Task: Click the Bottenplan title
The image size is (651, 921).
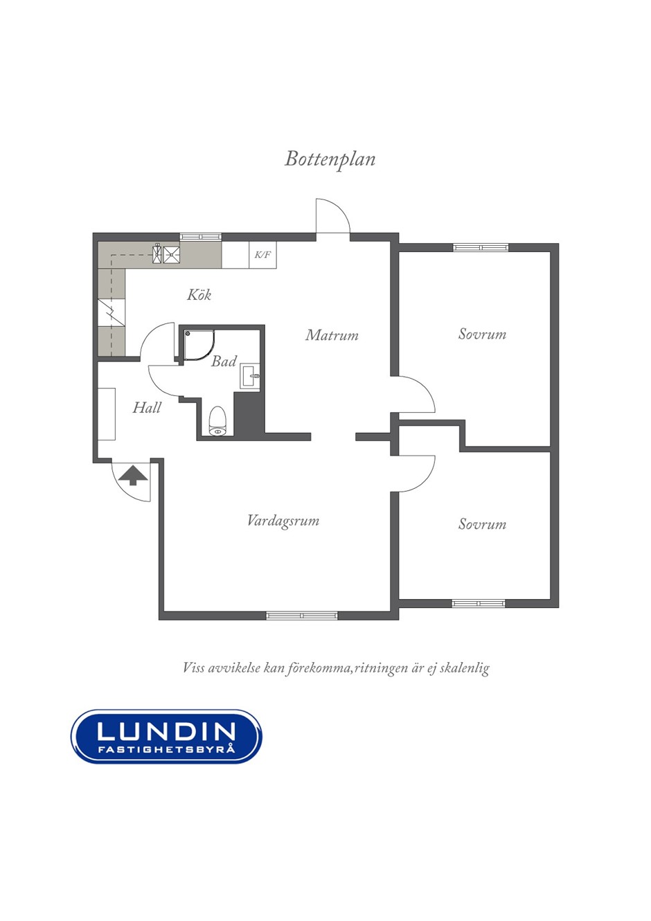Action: pos(330,159)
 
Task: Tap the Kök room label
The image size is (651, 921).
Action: pos(199,294)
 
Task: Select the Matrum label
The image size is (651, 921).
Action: pos(332,335)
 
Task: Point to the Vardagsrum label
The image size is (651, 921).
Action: pos(283,521)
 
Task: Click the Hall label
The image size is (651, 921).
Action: pos(146,407)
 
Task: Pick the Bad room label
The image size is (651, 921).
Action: pos(224,361)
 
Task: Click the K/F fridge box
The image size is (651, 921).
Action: pos(262,255)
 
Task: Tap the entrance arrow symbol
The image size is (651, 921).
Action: pos(132,475)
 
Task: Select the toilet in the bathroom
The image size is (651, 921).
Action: pos(217,421)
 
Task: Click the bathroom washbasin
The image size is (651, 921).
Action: pos(249,376)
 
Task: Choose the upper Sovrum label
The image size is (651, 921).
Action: pos(483,334)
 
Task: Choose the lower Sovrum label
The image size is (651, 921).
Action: pos(483,524)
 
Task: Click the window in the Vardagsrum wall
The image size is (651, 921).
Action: pos(301,616)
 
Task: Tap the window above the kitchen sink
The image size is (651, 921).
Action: pos(201,237)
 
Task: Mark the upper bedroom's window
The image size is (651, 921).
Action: pos(481,247)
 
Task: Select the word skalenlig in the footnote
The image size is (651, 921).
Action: pos(464,668)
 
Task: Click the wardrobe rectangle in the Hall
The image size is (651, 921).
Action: pos(107,414)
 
